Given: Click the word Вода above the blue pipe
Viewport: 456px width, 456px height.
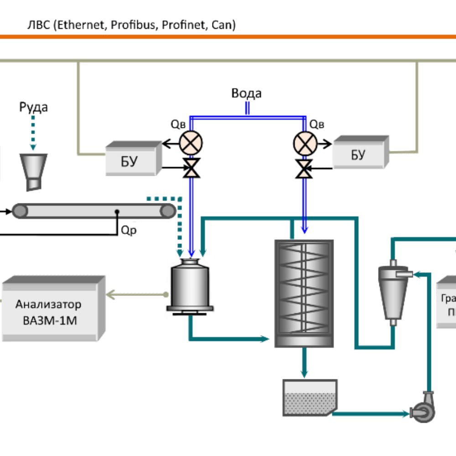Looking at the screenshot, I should click(246, 93).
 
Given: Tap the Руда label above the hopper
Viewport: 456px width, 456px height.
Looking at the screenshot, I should click(33, 108).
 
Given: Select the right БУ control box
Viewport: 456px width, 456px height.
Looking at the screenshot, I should click(359, 154).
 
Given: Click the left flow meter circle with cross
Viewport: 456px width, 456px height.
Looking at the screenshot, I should click(191, 143).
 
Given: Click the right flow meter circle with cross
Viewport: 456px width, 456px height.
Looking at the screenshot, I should click(304, 143).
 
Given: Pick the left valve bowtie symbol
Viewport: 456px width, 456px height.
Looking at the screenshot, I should click(191, 169).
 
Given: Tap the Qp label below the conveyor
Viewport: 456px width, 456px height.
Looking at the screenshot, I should click(128, 230).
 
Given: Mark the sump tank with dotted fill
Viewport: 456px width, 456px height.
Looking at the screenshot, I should click(309, 398).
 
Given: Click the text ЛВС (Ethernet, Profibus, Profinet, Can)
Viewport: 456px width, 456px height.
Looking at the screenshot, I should click(132, 25).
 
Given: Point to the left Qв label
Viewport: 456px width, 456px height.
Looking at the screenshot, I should click(178, 124).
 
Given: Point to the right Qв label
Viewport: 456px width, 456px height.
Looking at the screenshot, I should click(317, 124).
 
